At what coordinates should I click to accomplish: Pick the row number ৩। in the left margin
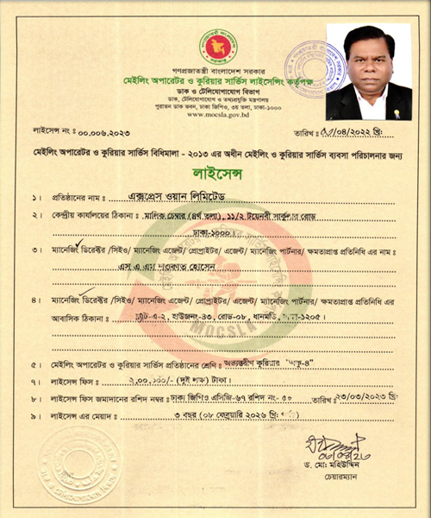pos(35,250)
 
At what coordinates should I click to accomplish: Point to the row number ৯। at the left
pos(35,417)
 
